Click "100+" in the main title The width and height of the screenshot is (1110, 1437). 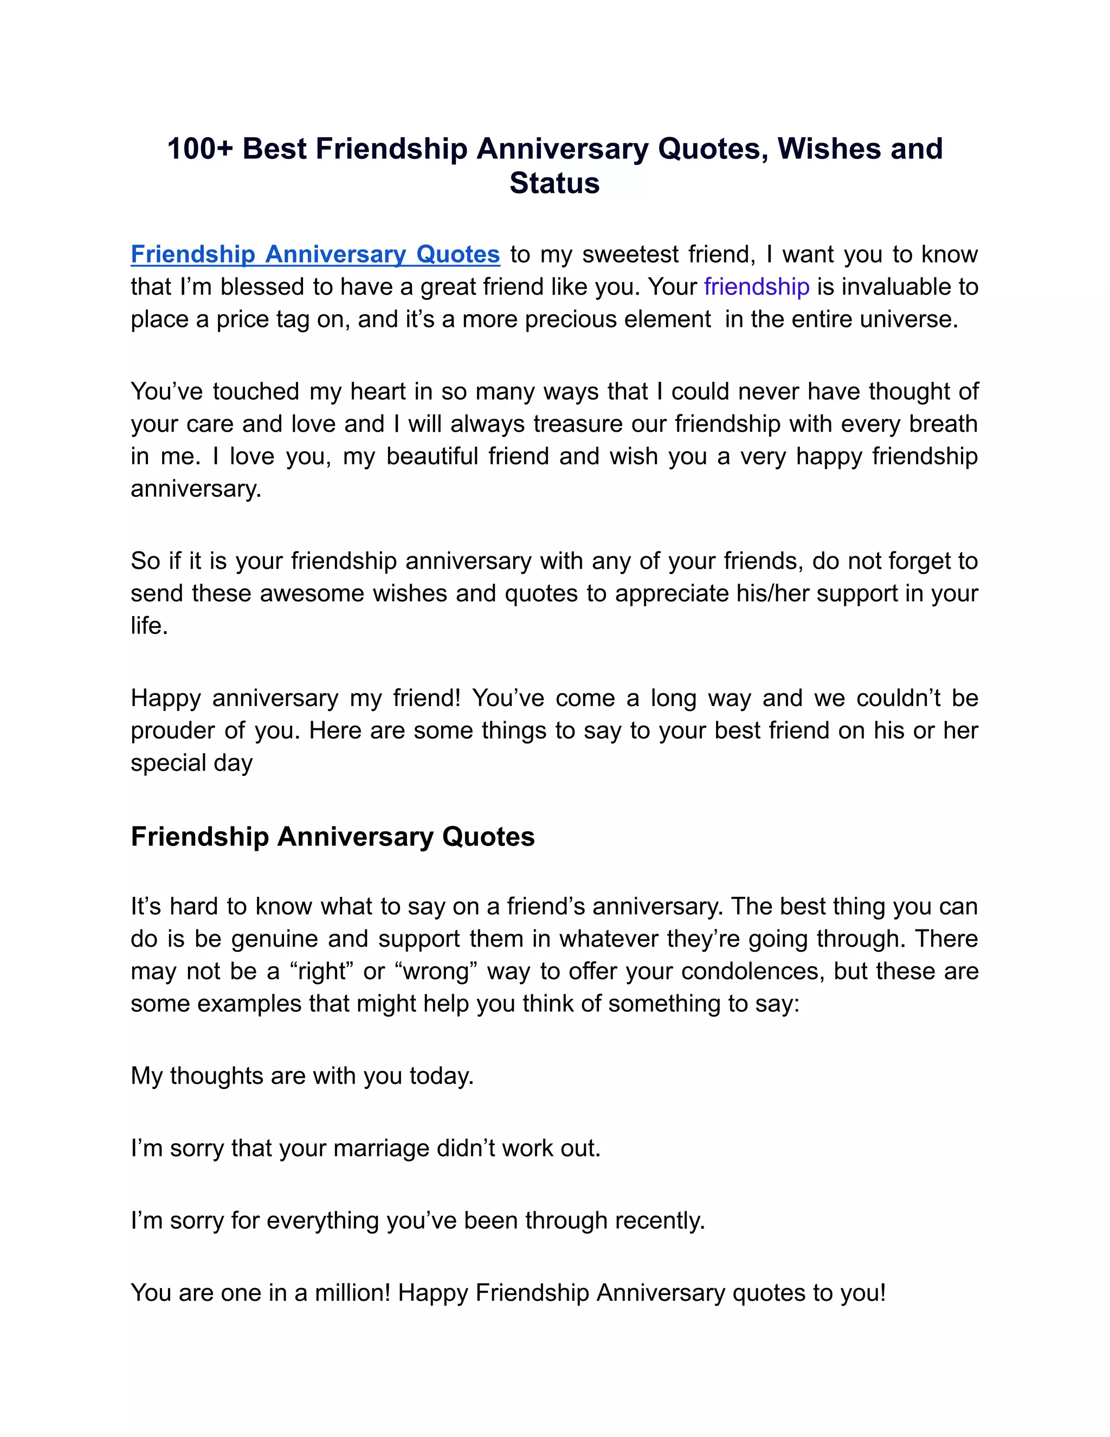[x=200, y=149]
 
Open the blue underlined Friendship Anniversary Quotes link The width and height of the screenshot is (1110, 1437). [x=315, y=255]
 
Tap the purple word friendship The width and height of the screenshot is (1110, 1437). [x=756, y=287]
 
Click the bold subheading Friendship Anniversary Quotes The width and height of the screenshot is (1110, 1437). [x=333, y=837]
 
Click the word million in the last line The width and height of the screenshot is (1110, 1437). [x=352, y=1293]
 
